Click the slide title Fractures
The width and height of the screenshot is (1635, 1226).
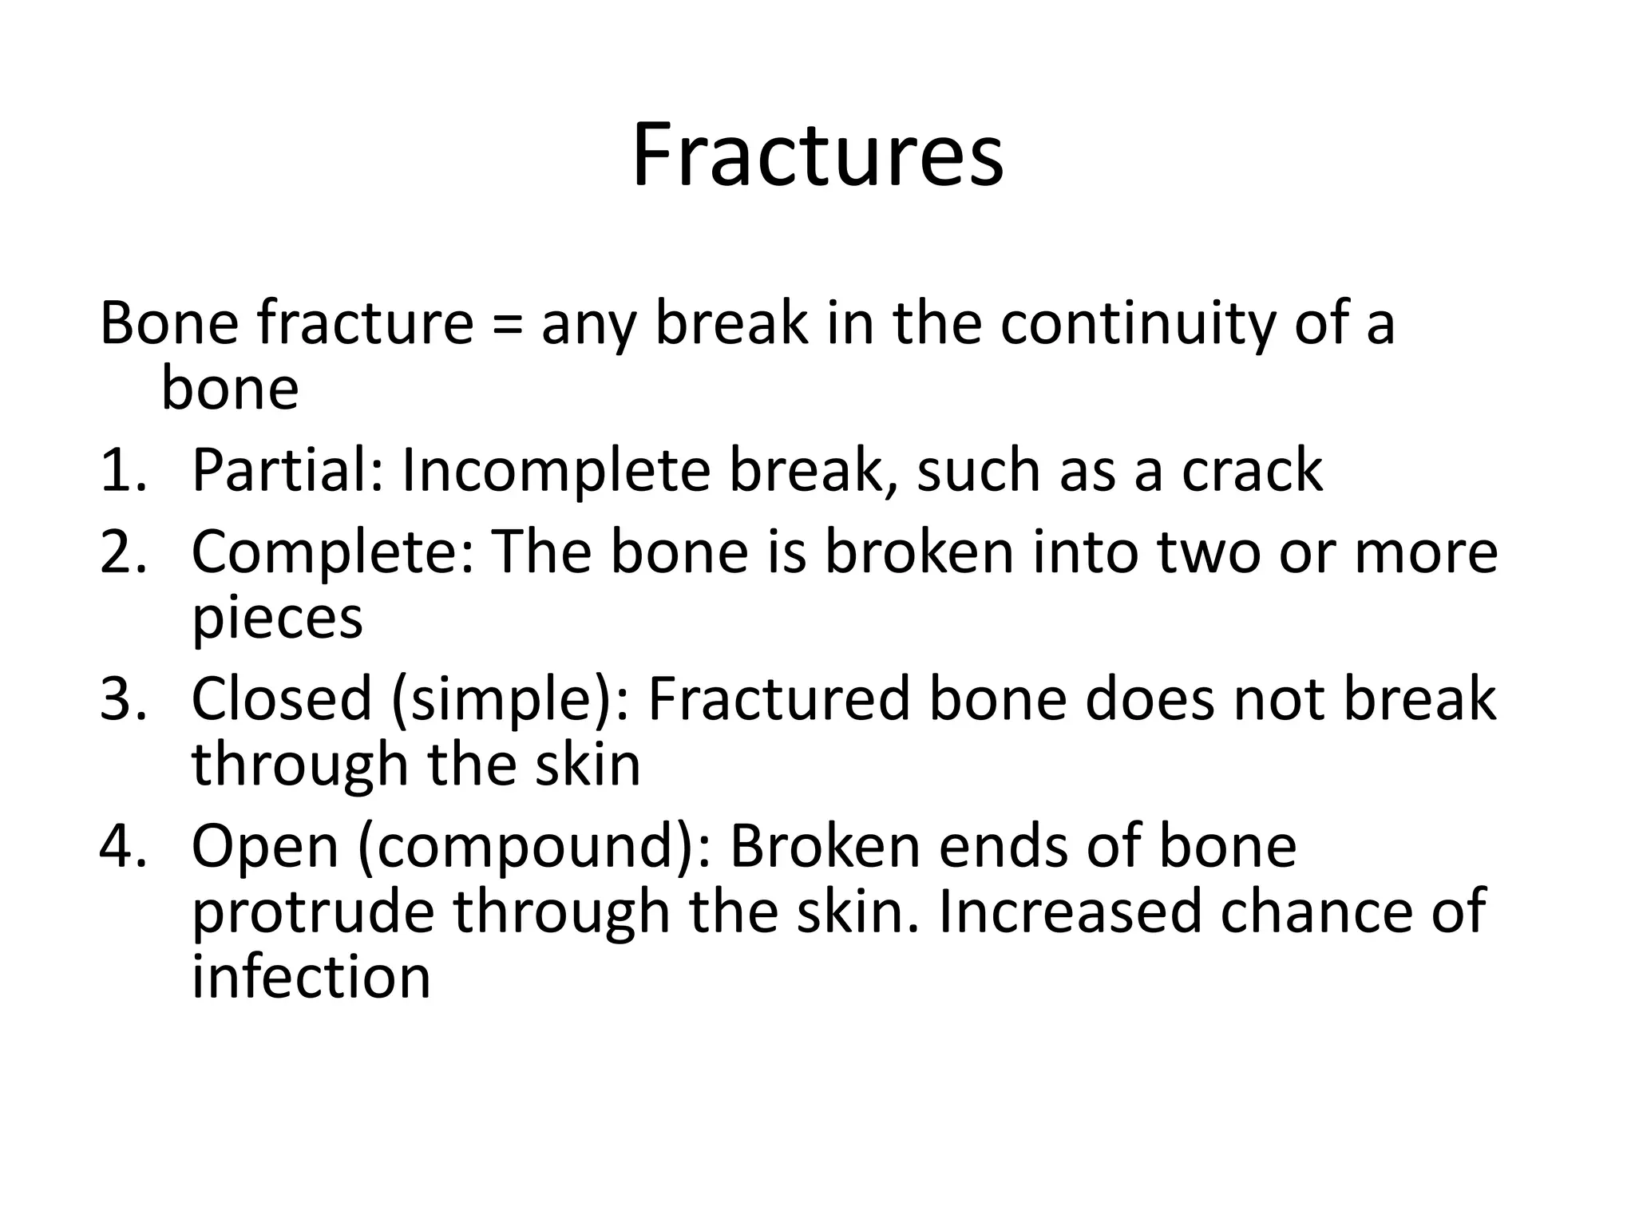tap(817, 156)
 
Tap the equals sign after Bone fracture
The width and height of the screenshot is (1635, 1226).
tap(508, 326)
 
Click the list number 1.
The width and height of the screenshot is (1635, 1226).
tap(121, 471)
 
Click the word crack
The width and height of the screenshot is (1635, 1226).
tap(1252, 471)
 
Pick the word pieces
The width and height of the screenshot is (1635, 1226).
tap(277, 619)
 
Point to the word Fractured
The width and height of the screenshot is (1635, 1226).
tap(778, 699)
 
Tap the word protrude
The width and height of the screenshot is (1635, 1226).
tap(313, 912)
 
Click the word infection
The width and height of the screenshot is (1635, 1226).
tap(311, 977)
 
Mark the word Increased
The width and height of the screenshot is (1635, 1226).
tap(1070, 912)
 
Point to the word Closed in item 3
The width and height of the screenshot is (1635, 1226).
tap(282, 699)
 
